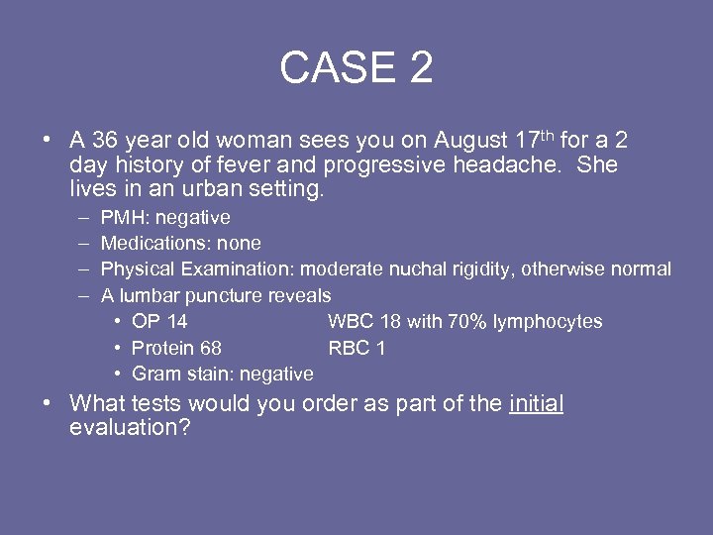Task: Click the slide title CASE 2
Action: click(356, 68)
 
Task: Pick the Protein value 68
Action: click(210, 348)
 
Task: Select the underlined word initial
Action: click(536, 403)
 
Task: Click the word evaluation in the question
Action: click(124, 428)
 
